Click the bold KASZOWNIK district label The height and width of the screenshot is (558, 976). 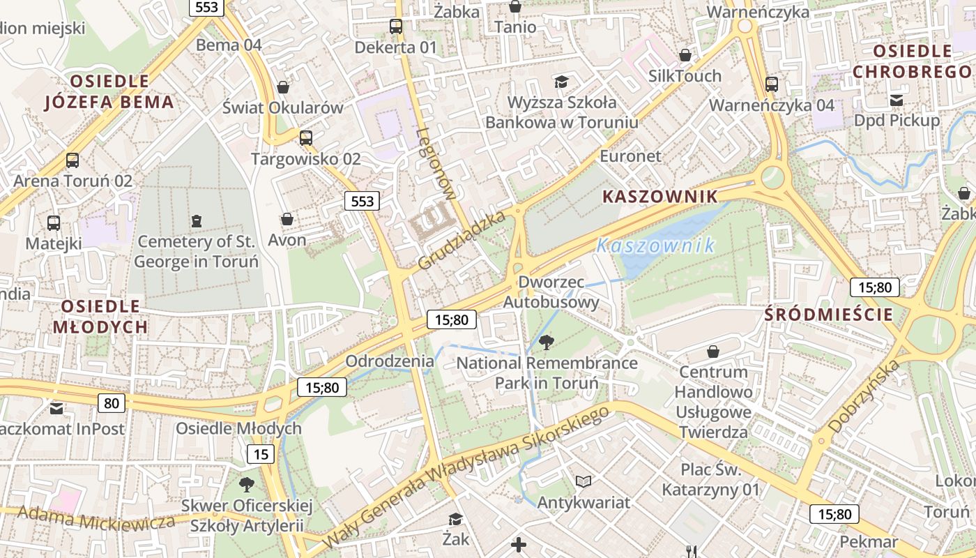point(659,197)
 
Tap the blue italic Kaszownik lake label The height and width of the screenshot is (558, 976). point(655,246)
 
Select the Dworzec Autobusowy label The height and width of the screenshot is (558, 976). point(551,292)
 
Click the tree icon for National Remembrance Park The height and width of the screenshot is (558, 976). point(547,342)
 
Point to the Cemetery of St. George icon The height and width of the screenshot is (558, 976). point(197,221)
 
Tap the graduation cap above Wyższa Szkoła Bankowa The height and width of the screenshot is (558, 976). point(561,82)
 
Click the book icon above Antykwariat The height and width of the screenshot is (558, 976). point(583,481)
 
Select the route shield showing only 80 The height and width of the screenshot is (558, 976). point(112,402)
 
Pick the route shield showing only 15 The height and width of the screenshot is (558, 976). point(261,455)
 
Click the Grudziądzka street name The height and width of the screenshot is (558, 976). point(462,241)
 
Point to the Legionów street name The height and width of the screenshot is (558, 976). point(435,164)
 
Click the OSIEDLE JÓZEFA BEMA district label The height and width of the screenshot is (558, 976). point(109,92)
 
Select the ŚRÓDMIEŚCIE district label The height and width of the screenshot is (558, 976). point(828,315)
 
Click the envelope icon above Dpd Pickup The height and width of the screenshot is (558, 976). point(897,100)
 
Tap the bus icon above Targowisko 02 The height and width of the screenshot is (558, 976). point(305,137)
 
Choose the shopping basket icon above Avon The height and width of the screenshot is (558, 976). point(287,219)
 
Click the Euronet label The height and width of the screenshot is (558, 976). point(630,156)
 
